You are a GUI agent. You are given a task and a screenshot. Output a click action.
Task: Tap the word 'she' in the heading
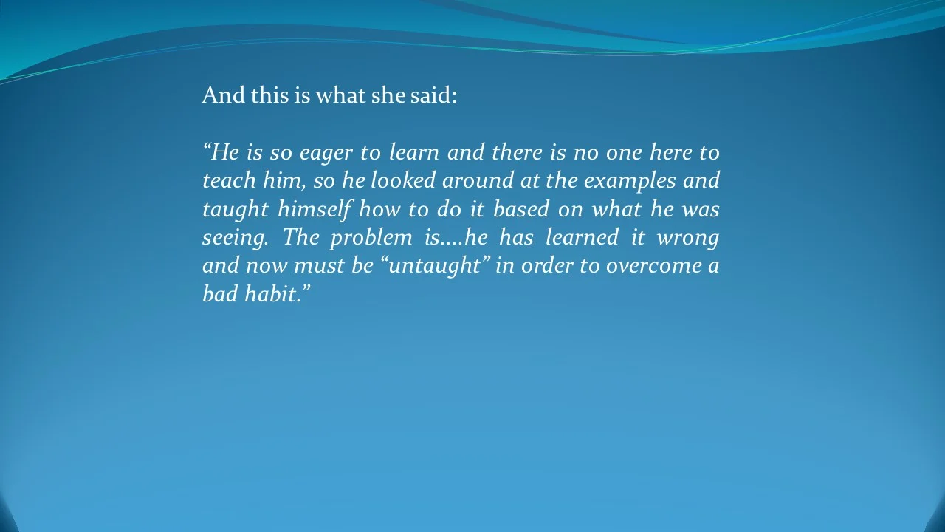(388, 95)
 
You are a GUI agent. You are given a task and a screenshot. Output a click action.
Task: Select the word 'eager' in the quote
(326, 153)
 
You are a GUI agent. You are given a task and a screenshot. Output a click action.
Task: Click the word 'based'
(521, 210)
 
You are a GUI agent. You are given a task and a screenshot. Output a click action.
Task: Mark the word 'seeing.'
(234, 239)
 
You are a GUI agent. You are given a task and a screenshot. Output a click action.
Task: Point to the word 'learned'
(582, 238)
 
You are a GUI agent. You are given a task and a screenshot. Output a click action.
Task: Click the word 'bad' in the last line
(218, 294)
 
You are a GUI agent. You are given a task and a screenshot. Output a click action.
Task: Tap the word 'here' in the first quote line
(670, 153)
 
